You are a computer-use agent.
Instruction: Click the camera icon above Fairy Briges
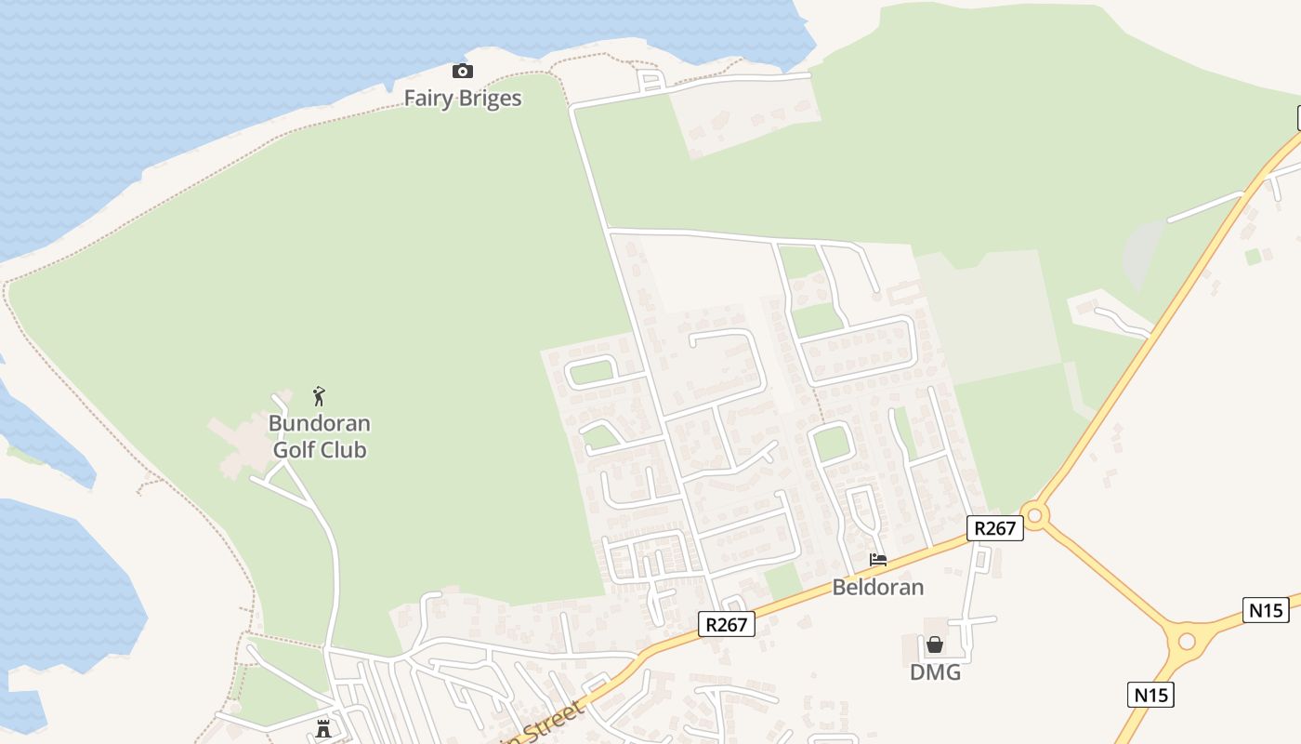462,72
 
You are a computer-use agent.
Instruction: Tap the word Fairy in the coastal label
427,99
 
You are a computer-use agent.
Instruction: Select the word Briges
490,100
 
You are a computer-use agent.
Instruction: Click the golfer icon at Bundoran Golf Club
319,396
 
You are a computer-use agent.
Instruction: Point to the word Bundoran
319,423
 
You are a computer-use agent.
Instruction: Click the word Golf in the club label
293,450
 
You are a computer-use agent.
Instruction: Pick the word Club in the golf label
343,450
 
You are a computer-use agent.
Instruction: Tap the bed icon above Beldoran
877,560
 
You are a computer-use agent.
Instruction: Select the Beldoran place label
877,587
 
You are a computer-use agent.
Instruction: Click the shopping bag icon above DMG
934,644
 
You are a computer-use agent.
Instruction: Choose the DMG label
935,671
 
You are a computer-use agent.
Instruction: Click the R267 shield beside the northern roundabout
994,528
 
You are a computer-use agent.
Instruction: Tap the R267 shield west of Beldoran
726,624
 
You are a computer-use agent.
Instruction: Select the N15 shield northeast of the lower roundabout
1266,610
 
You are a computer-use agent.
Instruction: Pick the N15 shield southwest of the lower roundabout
1151,694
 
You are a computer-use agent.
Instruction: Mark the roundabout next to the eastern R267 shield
1034,514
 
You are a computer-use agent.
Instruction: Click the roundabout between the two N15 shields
1187,641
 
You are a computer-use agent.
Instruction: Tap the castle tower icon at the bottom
323,728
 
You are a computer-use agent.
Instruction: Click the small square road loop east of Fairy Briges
650,81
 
